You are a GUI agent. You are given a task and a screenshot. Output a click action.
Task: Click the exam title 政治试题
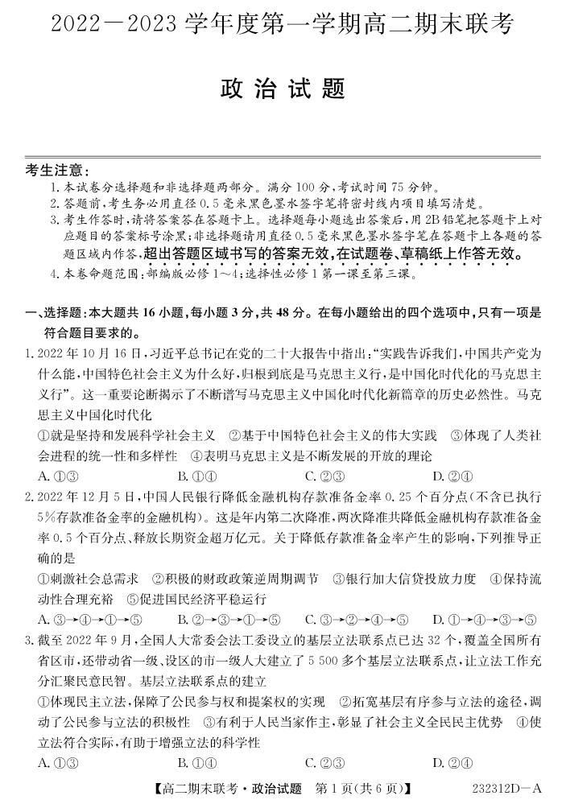tap(283, 89)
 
